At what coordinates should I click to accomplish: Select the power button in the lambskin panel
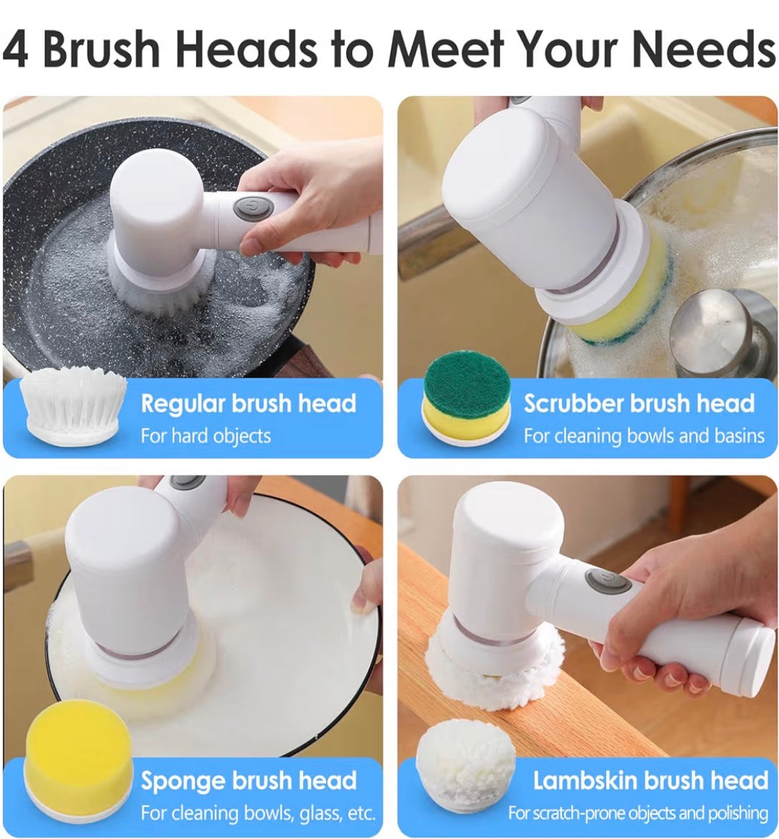[x=607, y=582]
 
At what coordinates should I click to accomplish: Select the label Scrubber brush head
[x=639, y=403]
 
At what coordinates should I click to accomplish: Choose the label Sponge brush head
[x=248, y=781]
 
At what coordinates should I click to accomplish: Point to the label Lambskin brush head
[x=651, y=781]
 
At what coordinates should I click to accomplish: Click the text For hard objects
[x=206, y=436]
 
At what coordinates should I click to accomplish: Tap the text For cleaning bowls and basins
[x=644, y=436]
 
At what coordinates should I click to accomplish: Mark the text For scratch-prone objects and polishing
[x=638, y=813]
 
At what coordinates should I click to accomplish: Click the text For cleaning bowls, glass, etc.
[x=258, y=813]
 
